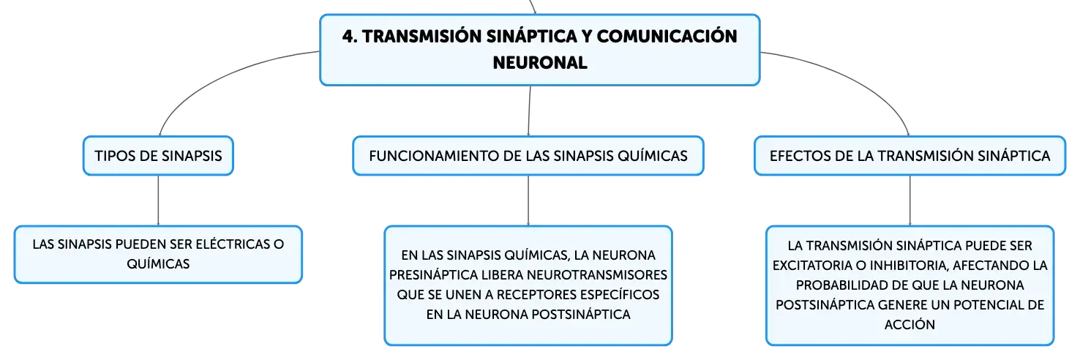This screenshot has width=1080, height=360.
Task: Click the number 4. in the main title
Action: click(x=350, y=37)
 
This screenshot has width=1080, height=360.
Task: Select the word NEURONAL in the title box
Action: click(x=540, y=63)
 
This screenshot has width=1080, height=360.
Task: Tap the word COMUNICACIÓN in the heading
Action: click(x=667, y=36)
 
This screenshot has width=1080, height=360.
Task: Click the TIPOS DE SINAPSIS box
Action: click(x=158, y=156)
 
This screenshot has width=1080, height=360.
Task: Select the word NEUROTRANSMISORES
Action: click(x=597, y=274)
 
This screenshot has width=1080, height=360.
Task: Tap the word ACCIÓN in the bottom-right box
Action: click(x=910, y=324)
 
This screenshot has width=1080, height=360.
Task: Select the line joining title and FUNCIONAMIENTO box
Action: click(x=530, y=110)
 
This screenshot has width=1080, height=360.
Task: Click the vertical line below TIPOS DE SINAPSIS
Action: click(x=158, y=200)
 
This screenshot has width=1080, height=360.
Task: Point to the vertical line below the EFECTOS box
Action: click(x=910, y=200)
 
